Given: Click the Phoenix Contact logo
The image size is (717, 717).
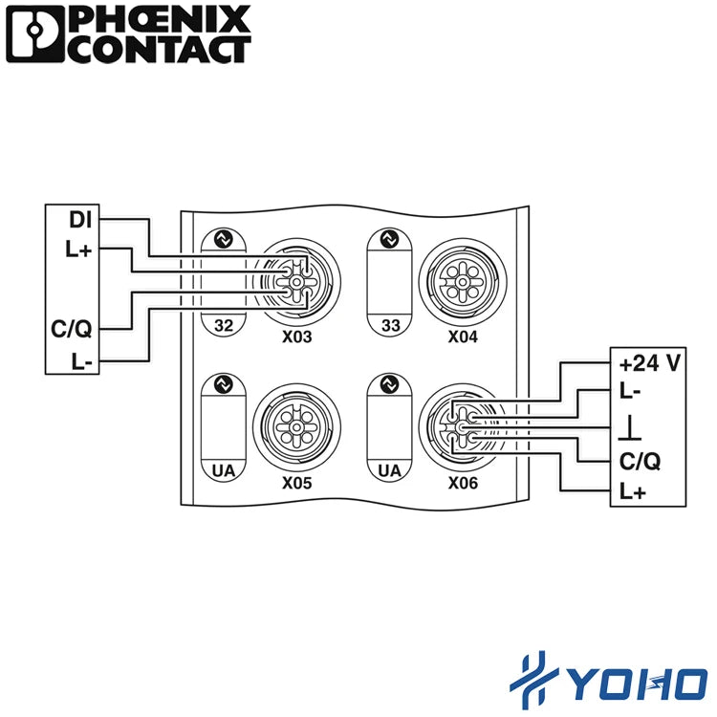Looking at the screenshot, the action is coord(128,34).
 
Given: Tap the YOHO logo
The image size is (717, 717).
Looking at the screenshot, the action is coord(609,681).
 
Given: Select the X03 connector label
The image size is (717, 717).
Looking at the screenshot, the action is coord(296,337).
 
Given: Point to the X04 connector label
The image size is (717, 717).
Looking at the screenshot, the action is coord(463,337).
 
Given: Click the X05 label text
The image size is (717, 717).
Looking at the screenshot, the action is coord(296,483).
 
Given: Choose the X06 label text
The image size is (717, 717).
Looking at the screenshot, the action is coord(463,483).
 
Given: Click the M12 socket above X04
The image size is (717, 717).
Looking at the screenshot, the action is coord(463,282).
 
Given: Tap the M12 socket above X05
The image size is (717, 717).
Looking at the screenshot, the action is coord(296,427).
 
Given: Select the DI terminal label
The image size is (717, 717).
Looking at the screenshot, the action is coord(80,220).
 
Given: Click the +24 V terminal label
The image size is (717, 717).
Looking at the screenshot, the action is coord(650,363).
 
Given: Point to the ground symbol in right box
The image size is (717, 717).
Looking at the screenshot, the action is coord(630,428).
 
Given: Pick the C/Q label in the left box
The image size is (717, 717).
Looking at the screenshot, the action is coord(72,329).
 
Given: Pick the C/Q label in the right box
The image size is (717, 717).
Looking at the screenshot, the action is coord(641,461).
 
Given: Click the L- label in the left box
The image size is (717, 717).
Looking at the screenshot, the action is coord(82,361).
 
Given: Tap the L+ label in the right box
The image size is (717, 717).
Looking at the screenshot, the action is coord(633,491).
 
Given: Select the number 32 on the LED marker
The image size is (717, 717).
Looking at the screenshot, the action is coord(224,326).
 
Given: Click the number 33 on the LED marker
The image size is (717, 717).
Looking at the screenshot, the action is coord(390,326).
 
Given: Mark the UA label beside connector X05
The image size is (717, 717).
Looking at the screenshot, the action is coord(224,470).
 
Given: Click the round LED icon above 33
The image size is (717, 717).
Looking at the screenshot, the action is coord(390,239).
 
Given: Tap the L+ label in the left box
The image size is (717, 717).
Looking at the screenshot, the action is coord(78,250).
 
